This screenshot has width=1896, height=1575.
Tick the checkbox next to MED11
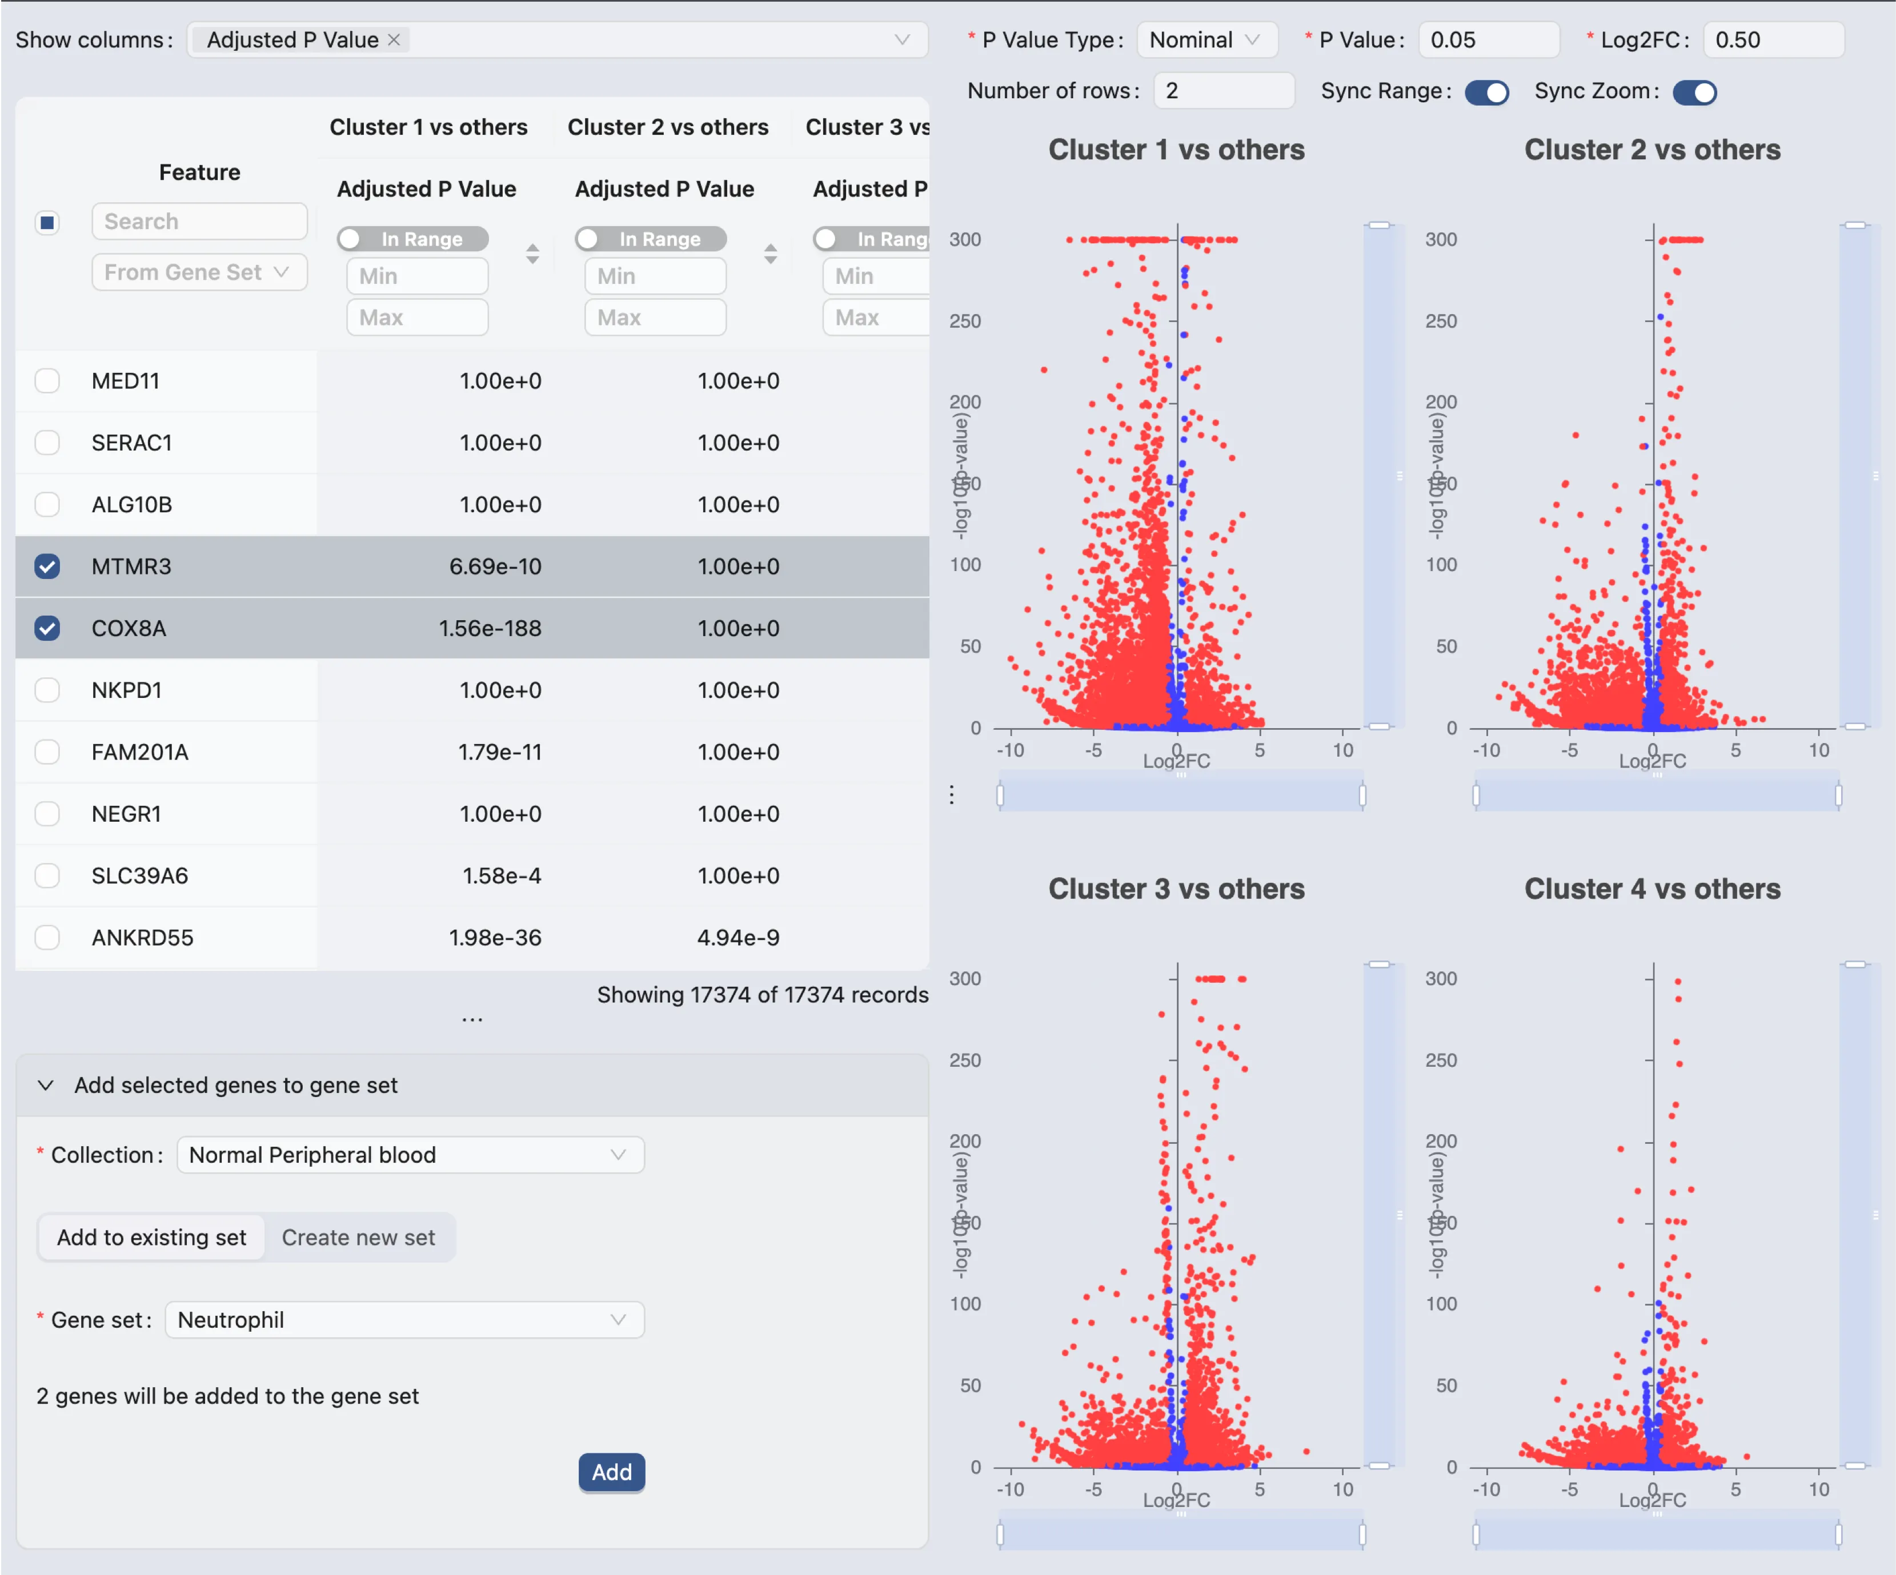[47, 381]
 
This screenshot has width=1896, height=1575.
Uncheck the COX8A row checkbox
[47, 628]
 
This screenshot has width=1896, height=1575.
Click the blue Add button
[611, 1472]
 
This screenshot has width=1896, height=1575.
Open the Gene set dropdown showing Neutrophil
[403, 1320]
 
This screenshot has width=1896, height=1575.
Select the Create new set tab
[358, 1237]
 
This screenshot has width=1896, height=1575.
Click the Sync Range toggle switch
[1486, 92]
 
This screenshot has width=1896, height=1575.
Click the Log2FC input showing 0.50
[1771, 40]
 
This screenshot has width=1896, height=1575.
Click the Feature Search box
[199, 221]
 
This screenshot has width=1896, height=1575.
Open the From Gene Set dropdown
[199, 272]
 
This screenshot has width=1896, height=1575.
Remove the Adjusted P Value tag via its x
[394, 40]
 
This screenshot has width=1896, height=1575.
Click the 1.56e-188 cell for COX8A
[490, 628]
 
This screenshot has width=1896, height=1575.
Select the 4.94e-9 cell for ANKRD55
[737, 938]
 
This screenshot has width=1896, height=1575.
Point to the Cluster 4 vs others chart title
[1652, 889]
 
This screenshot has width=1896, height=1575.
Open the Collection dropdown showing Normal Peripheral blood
[410, 1155]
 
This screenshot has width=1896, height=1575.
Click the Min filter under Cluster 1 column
[417, 276]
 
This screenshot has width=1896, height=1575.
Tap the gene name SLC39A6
[140, 875]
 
